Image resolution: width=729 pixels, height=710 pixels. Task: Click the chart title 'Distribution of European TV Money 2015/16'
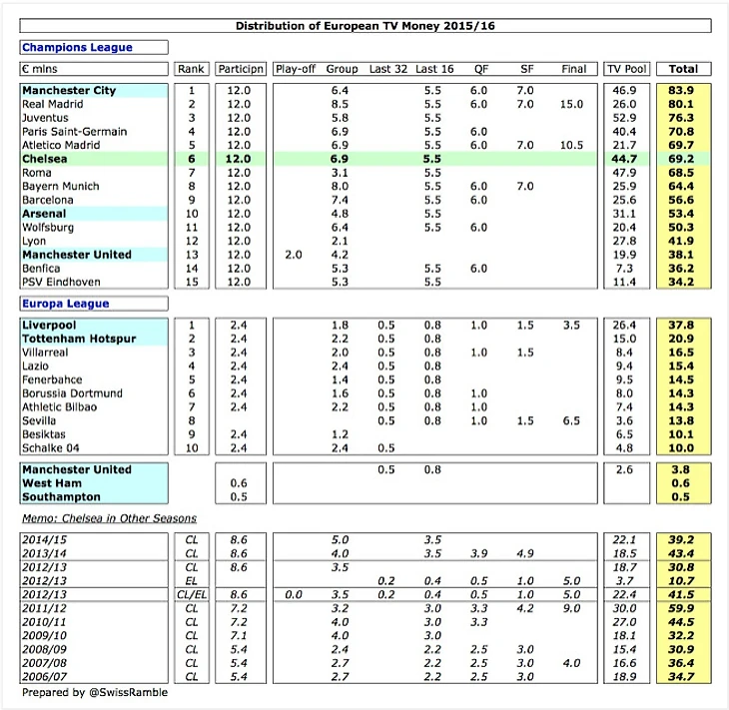364,26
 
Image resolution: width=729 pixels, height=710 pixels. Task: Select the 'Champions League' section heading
78,48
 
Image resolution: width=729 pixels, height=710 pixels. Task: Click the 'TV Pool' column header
626,70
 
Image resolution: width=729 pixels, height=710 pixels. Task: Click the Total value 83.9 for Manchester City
683,91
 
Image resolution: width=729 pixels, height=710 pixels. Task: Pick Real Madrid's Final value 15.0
572,104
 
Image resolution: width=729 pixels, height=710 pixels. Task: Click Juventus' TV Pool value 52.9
628,118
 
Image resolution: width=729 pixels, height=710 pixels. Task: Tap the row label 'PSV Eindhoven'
61,282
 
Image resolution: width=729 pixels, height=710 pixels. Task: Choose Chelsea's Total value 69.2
683,159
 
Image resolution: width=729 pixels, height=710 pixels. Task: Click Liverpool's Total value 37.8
683,326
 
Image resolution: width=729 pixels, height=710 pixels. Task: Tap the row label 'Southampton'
61,497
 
